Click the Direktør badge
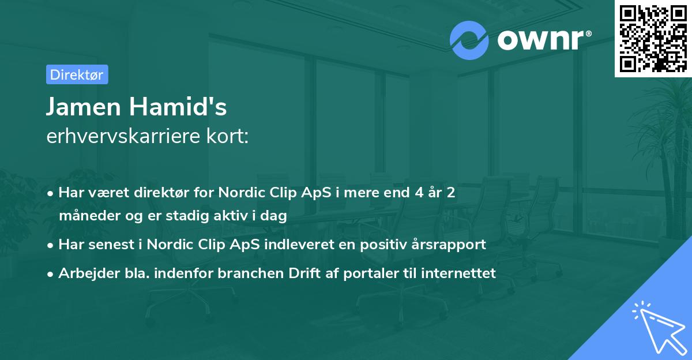tap(77, 74)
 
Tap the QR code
tap(653, 38)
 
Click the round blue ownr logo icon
tap(469, 40)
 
